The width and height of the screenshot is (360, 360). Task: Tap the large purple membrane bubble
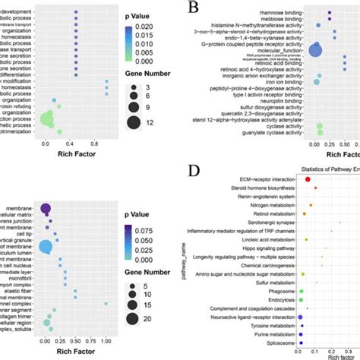pos(45,210)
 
